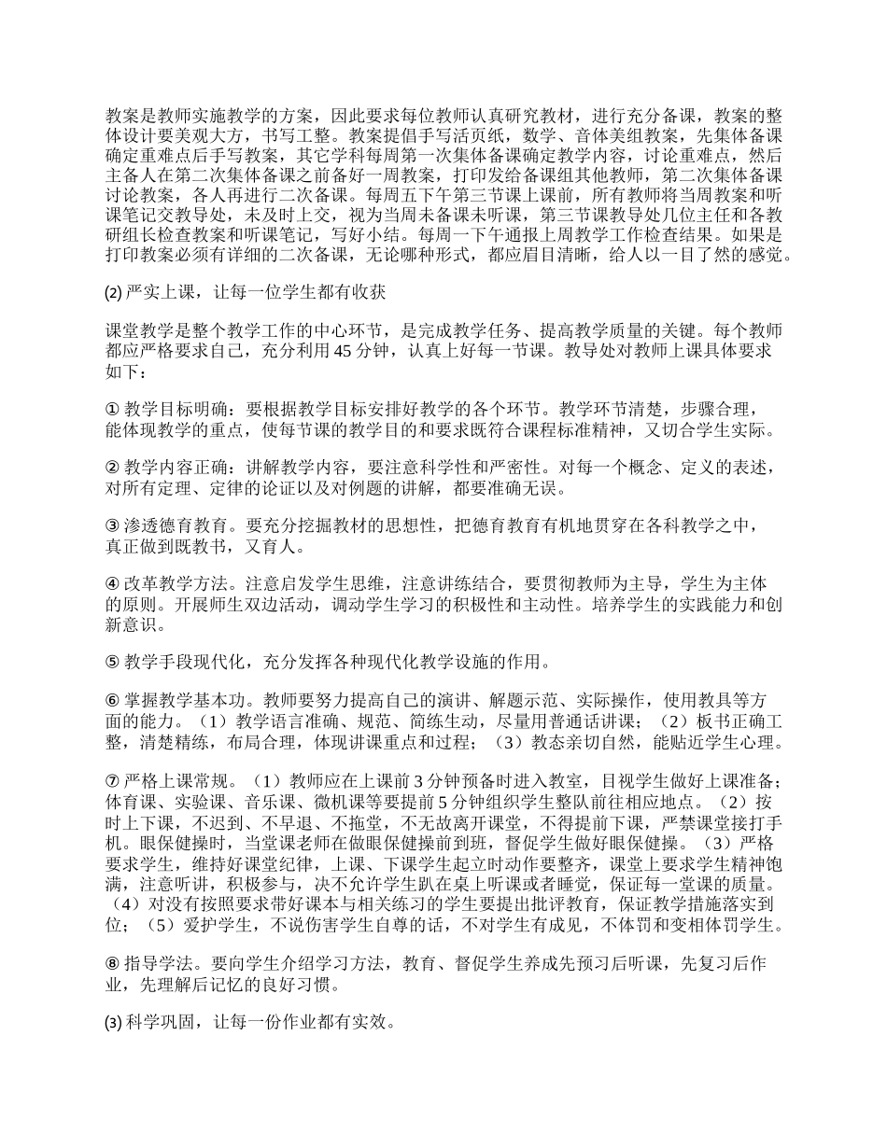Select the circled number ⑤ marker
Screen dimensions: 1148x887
(113, 663)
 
